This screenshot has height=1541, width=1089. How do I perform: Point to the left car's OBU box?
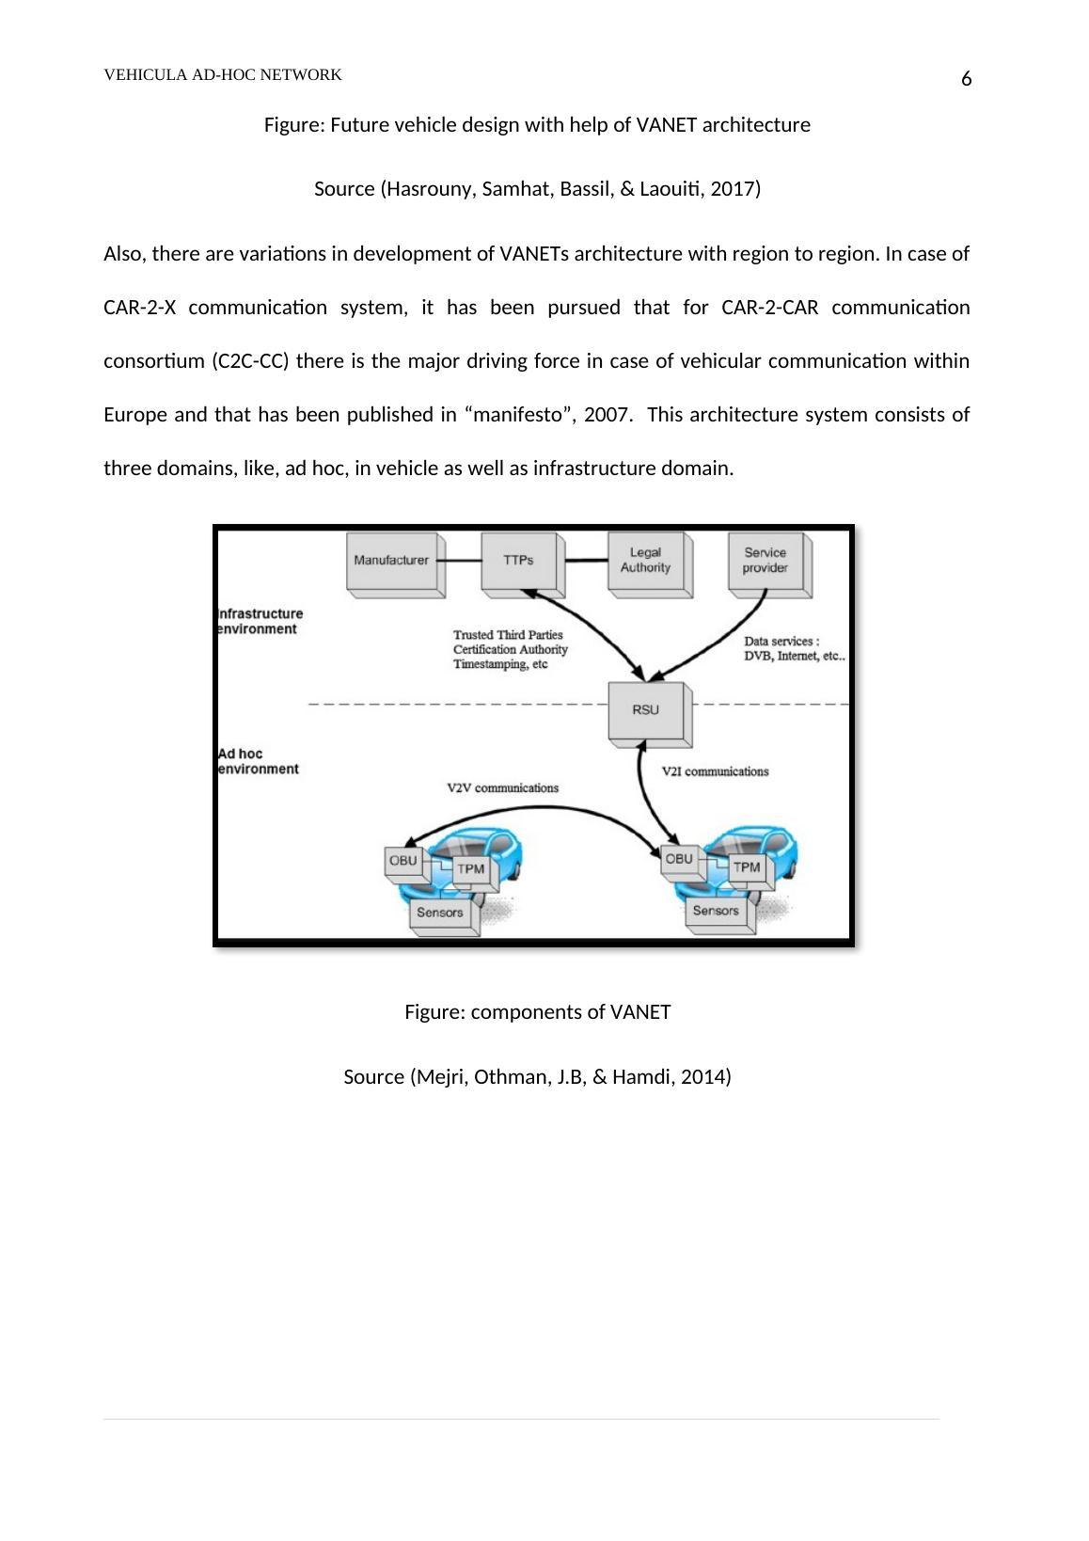[402, 862]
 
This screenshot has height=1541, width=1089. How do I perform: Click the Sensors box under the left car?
[440, 913]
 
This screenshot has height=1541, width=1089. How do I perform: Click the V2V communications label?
[502, 788]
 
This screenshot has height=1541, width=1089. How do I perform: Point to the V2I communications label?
[715, 771]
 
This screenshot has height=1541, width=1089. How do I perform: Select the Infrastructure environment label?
[260, 622]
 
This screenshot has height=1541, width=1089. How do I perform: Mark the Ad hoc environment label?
[258, 761]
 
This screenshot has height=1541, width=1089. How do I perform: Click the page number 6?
[966, 80]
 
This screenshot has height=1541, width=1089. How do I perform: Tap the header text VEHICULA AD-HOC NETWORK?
[223, 75]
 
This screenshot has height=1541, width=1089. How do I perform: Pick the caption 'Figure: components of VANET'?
[537, 1012]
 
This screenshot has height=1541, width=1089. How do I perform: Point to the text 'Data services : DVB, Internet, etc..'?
[794, 649]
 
